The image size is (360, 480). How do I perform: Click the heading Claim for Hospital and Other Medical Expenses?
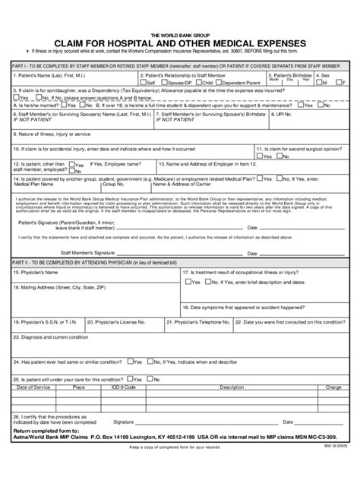[180, 43]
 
